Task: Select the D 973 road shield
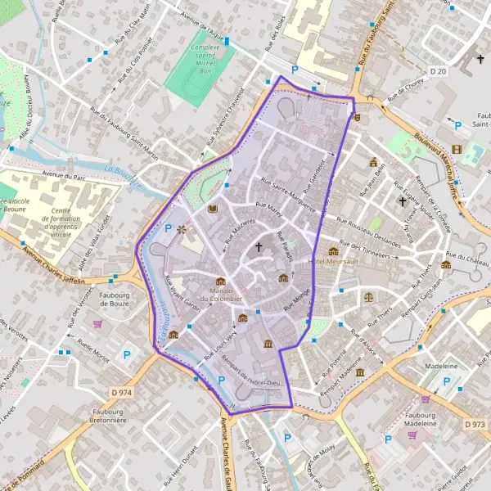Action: click(475, 424)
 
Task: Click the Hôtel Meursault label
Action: click(332, 261)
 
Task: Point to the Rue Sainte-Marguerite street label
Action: click(286, 195)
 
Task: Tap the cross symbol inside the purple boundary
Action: click(259, 245)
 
